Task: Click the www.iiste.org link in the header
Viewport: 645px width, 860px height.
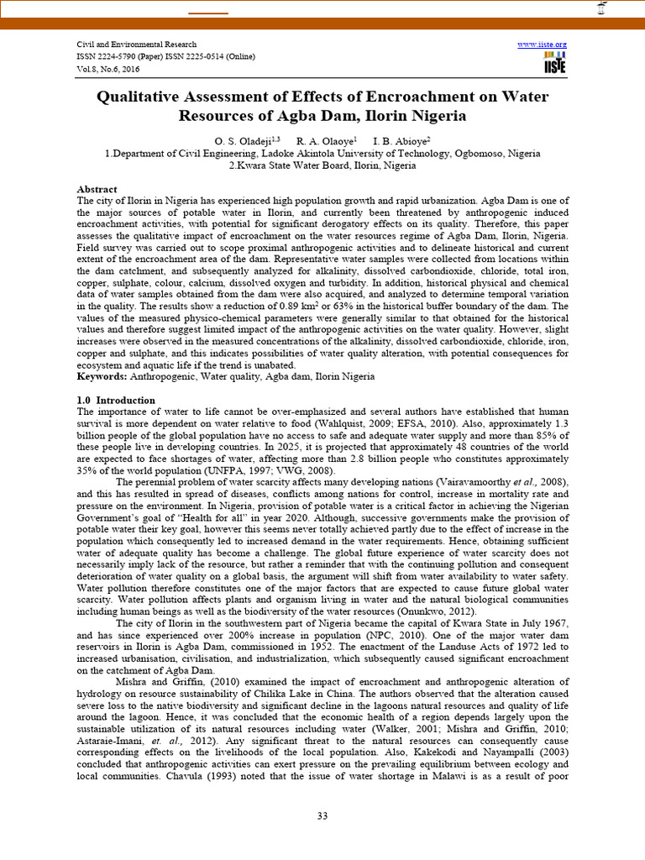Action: (542, 44)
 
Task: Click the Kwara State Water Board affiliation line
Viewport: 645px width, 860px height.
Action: (322, 165)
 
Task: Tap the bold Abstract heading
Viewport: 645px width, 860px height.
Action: (97, 189)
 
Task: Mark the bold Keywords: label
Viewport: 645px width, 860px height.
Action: (103, 377)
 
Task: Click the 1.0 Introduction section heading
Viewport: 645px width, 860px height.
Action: (115, 401)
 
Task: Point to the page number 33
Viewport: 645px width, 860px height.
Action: (322, 817)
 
